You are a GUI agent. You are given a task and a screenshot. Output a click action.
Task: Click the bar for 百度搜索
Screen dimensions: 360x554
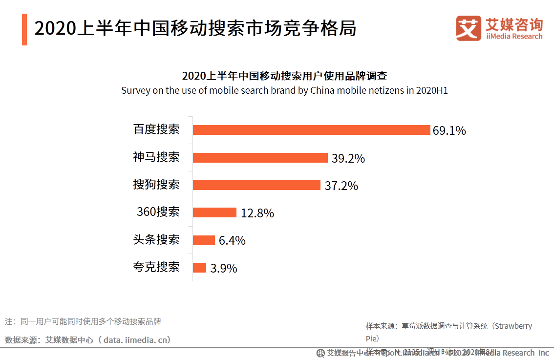pos(311,130)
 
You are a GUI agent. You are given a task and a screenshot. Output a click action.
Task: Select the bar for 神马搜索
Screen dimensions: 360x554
pos(260,158)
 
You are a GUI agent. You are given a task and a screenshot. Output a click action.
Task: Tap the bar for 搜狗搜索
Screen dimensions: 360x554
pos(256,185)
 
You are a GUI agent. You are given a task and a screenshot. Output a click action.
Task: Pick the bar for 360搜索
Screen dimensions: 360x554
pos(214,212)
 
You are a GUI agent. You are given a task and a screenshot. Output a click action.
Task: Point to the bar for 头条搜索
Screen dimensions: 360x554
pos(204,240)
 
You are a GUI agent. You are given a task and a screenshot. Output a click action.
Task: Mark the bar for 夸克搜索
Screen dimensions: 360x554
pos(199,268)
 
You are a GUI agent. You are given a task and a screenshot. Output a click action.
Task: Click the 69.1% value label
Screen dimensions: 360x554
pos(449,131)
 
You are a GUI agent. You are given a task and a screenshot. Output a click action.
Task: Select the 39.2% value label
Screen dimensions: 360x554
pos(348,159)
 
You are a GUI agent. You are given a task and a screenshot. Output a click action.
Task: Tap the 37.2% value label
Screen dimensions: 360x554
pos(341,186)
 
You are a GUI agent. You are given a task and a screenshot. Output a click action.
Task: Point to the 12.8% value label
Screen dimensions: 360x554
pos(257,213)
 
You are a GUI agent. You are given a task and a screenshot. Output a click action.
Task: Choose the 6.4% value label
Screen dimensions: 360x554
pos(232,241)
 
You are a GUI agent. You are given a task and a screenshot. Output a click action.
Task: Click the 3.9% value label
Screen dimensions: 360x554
pos(224,269)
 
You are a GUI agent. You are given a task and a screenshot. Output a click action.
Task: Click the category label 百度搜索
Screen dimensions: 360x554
pos(156,129)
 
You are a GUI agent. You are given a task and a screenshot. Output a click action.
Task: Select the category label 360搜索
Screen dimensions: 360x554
pos(158,212)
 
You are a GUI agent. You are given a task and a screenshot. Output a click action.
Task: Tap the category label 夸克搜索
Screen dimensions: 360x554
pos(156,267)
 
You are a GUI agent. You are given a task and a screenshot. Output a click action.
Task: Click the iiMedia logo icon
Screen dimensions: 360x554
pos(469,28)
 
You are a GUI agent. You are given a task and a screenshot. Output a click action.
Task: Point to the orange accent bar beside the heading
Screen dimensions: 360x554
pos(24,29)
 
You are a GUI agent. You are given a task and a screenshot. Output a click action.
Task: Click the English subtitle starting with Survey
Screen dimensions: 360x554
pos(284,91)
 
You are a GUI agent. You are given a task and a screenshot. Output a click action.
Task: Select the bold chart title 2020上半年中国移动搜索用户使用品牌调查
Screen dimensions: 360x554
pos(284,76)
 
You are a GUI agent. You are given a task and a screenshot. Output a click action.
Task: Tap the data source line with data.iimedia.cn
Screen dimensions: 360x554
pos(88,340)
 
